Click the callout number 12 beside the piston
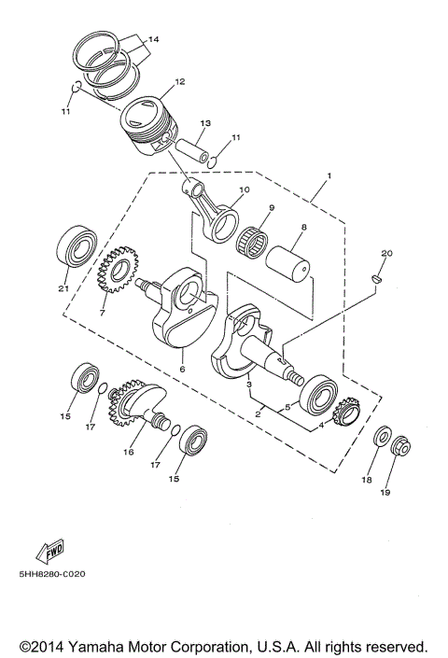[179, 82]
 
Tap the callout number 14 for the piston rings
[153, 40]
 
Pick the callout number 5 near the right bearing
[287, 407]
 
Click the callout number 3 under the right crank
[248, 384]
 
